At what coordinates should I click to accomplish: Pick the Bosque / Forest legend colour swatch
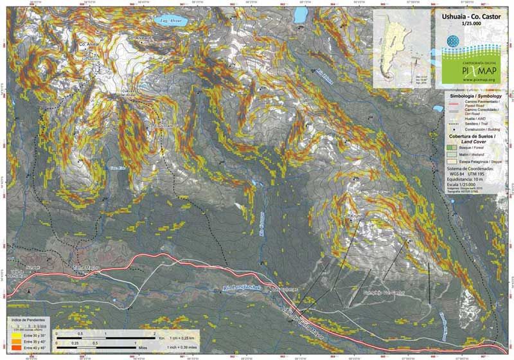451,148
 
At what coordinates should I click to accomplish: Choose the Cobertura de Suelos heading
475,136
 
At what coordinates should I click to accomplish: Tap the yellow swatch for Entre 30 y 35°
11,335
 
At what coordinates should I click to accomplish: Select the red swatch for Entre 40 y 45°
11,348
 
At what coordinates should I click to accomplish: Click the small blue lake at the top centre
299,14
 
